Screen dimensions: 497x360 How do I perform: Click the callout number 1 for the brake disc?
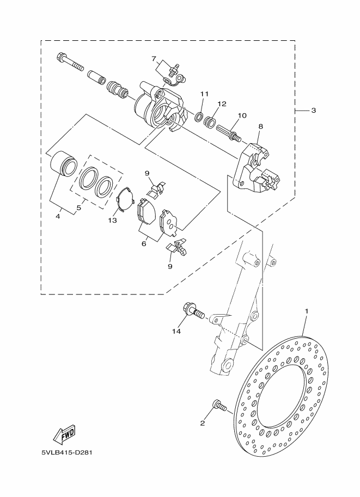pyautogui.click(x=306, y=311)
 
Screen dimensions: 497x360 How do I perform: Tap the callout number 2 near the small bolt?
pyautogui.click(x=203, y=423)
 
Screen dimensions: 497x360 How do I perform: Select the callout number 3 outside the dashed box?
pyautogui.click(x=313, y=111)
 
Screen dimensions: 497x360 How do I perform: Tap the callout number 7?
pyautogui.click(x=154, y=58)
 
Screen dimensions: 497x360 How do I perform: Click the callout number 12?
pyautogui.click(x=221, y=103)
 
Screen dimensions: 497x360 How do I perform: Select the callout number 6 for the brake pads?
pyautogui.click(x=144, y=243)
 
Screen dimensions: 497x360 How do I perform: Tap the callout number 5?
pyautogui.click(x=79, y=207)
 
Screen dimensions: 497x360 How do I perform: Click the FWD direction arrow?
pyautogui.click(x=64, y=434)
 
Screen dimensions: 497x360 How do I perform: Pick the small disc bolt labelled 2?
pyautogui.click(x=219, y=406)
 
